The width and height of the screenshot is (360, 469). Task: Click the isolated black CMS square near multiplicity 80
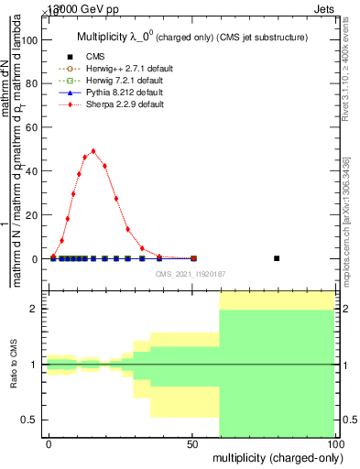point(277,258)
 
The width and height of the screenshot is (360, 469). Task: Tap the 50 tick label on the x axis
point(192,443)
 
